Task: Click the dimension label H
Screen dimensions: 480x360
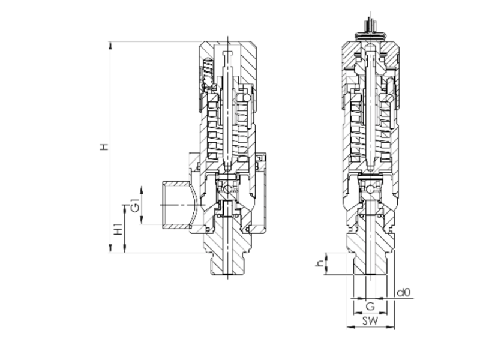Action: (x=104, y=146)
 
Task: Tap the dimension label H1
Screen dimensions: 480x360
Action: (x=118, y=229)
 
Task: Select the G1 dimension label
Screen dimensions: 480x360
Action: (x=135, y=205)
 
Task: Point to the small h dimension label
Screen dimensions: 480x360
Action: (x=320, y=263)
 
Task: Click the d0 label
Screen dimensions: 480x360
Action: (x=403, y=292)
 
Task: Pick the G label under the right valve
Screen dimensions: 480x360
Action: (x=370, y=306)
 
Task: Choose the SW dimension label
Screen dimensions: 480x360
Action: (x=370, y=320)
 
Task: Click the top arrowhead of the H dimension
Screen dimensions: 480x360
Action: (x=110, y=46)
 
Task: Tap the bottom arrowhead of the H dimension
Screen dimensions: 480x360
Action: (x=110, y=248)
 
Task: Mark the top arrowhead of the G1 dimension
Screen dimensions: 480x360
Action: (x=142, y=190)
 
